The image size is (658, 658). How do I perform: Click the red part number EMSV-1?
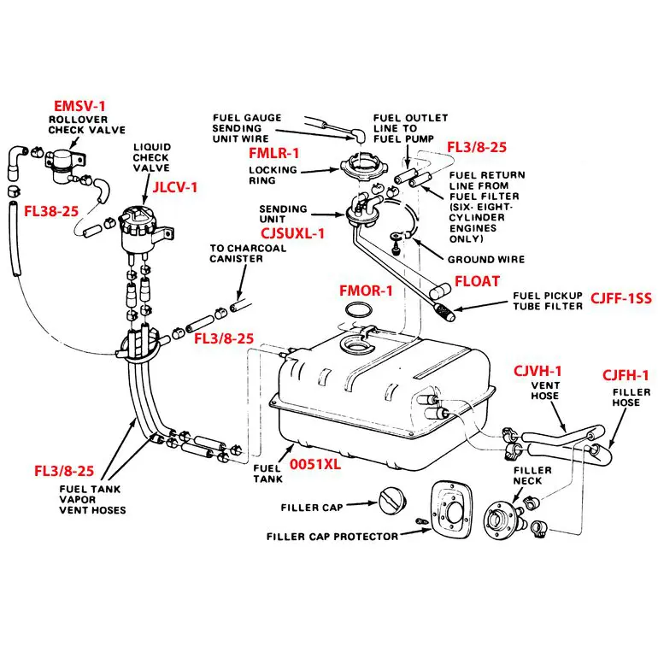pyautogui.click(x=79, y=106)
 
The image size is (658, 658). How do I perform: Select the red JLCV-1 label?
pyautogui.click(x=174, y=187)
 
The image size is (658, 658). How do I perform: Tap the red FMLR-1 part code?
pyautogui.click(x=273, y=153)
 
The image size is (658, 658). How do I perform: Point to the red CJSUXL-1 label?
pyautogui.click(x=292, y=233)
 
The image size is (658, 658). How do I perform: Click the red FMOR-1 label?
pyautogui.click(x=366, y=291)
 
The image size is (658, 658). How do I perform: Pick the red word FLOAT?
pyautogui.click(x=477, y=281)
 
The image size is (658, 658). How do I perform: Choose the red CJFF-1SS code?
pyautogui.click(x=621, y=298)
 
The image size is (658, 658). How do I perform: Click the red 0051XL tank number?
pyautogui.click(x=315, y=464)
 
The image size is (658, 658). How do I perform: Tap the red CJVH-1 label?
pyautogui.click(x=538, y=371)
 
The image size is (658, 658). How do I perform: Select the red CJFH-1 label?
pyautogui.click(x=626, y=375)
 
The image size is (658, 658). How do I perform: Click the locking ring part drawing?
pyautogui.click(x=356, y=167)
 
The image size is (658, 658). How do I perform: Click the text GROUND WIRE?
pyautogui.click(x=486, y=260)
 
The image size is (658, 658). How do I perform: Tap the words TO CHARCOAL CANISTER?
pyautogui.click(x=248, y=254)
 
